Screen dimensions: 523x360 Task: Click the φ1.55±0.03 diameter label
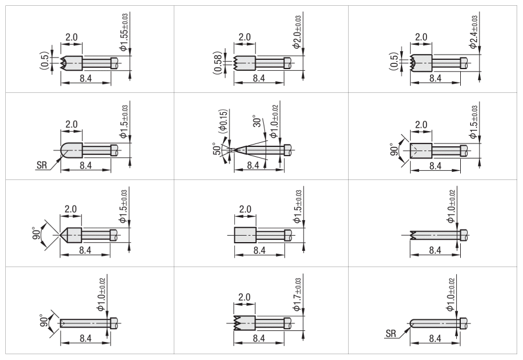point(124,33)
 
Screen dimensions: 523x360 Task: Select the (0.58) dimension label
point(217,63)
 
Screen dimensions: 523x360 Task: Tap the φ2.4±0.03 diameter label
point(474,32)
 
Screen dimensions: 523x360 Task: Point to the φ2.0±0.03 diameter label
point(298,32)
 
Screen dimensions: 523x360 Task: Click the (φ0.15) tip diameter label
point(224,122)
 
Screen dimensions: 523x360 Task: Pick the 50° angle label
point(217,149)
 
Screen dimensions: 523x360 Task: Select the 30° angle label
point(257,121)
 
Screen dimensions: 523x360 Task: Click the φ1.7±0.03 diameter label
point(297,294)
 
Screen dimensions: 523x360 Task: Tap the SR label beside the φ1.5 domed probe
point(42,165)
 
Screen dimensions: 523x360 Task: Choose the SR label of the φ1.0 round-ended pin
point(391,333)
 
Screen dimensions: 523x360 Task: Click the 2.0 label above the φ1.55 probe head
point(71,37)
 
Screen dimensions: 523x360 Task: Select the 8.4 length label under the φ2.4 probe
point(435,78)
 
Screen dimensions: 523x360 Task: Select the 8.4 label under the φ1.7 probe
point(259,339)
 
